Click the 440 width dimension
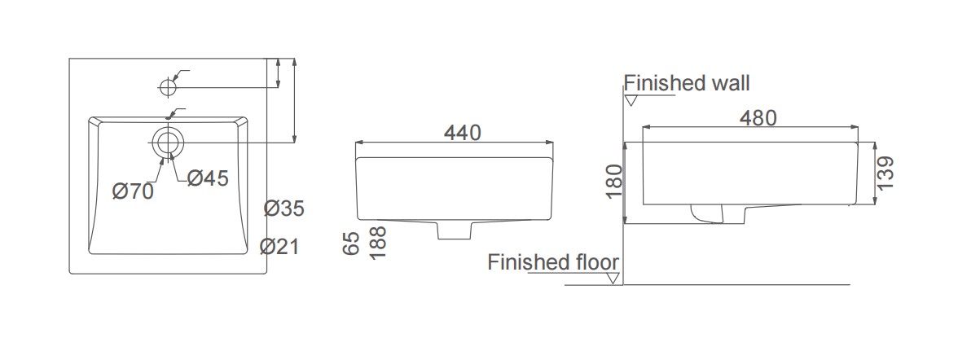pos(463,132)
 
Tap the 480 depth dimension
pos(758,118)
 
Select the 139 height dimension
pos(886,173)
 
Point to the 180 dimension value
pos(614,182)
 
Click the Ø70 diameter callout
pos(133,191)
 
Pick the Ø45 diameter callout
pos(208,178)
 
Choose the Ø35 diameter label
pos(284,209)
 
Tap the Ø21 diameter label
pos(279,246)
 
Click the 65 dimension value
pos(350,244)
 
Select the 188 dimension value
pos(378,242)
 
